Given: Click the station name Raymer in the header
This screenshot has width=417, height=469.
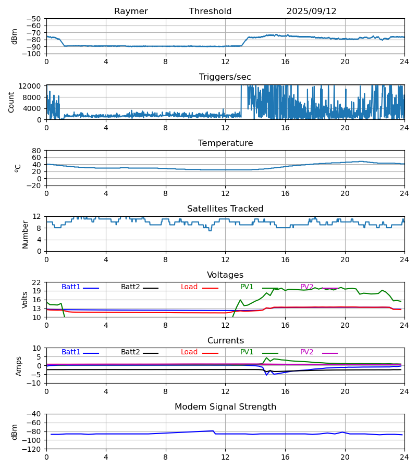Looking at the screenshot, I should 131,11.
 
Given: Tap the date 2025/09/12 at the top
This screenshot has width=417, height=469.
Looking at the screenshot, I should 311,11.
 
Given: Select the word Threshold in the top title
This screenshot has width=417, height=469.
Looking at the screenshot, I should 210,11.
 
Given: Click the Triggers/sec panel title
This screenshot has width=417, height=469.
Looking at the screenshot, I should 225,77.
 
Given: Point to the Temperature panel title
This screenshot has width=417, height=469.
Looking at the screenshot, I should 225,143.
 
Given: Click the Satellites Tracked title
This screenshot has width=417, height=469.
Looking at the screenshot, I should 225,209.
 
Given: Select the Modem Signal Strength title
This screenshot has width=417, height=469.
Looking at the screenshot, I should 225,407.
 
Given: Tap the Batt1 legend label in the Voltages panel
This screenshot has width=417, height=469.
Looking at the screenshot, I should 71,287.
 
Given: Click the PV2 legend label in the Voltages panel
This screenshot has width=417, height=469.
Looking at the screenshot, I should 307,287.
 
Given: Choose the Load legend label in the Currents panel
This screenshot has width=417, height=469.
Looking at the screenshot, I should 189,352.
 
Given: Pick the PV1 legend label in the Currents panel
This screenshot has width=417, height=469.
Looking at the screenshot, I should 247,352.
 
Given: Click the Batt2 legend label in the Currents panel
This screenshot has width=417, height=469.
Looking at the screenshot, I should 130,352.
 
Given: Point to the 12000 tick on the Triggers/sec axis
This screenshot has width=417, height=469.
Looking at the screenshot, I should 32,86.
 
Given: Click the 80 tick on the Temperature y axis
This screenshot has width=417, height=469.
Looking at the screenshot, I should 36,151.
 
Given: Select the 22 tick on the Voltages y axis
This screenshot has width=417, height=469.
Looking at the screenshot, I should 36,282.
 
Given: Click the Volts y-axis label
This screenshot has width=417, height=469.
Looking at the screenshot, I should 25,300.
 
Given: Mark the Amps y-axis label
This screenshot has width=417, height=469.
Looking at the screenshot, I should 19,366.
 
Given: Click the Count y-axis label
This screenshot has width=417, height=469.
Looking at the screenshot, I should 11,102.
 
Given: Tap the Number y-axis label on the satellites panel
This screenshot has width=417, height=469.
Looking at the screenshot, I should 25,234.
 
